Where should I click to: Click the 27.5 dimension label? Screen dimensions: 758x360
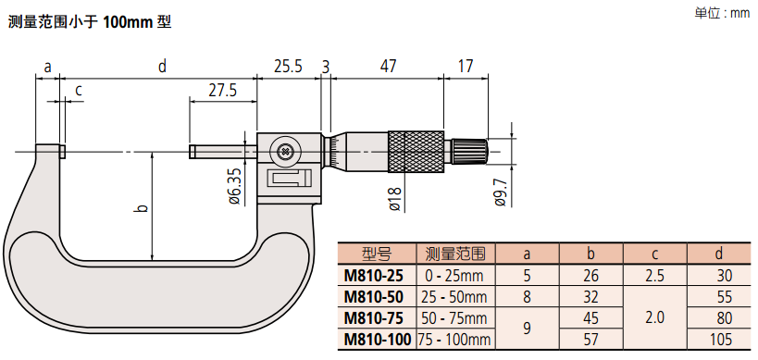223,92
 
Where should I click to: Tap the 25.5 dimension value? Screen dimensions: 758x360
288,66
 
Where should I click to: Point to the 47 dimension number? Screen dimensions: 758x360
387,66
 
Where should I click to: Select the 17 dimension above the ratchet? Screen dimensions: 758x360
465,66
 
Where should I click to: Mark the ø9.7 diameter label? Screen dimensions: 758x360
501,192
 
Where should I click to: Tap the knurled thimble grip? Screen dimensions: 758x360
416,151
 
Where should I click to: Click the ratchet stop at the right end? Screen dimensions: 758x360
469,151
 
